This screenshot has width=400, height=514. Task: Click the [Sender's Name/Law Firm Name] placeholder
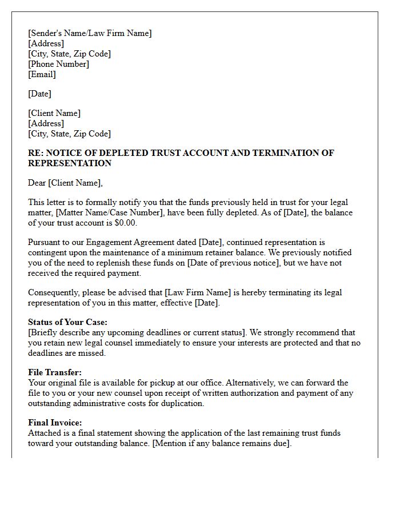coord(90,33)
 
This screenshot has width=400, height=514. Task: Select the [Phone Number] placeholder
coord(58,64)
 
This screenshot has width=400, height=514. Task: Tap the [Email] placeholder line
coord(42,74)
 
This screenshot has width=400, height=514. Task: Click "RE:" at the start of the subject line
coord(36,153)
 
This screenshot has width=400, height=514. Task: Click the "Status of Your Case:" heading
coord(67,322)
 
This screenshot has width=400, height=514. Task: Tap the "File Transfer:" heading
coord(55,372)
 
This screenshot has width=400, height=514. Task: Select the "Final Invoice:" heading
coord(55,423)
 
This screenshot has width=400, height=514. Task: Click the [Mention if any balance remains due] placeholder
coord(221,443)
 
